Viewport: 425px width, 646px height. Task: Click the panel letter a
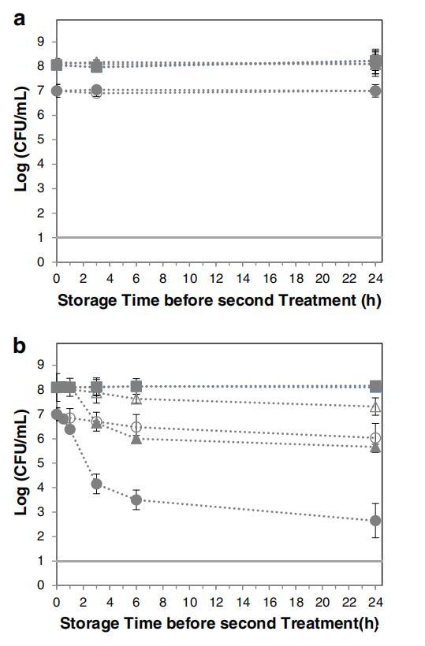[x=20, y=19]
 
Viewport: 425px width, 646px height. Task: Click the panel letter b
[x=20, y=345]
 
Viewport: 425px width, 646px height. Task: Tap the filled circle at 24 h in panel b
[x=375, y=521]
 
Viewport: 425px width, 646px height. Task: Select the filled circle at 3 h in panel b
[x=96, y=484]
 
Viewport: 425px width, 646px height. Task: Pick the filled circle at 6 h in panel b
[x=136, y=499]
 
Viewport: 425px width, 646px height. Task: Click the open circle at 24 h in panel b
[x=375, y=437]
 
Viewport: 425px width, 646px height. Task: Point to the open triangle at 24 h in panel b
[x=375, y=408]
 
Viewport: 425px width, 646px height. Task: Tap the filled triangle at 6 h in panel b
[x=136, y=439]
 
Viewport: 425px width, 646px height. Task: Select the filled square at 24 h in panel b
[x=375, y=387]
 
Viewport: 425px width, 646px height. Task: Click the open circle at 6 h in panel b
[x=136, y=427]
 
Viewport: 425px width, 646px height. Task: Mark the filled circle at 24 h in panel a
[x=375, y=91]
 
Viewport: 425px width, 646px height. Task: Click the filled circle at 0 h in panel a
[x=57, y=91]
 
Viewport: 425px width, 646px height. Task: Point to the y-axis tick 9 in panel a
[x=41, y=41]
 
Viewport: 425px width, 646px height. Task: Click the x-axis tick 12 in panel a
[x=216, y=279]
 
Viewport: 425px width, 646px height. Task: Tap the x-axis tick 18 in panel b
[x=296, y=602]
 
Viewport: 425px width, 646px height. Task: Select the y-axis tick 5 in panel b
[x=41, y=463]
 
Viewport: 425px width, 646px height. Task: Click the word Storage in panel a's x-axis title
[x=88, y=301]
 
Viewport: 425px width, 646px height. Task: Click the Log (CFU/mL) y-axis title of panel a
[x=21, y=139]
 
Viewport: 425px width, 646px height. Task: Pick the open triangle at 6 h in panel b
[x=136, y=399]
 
